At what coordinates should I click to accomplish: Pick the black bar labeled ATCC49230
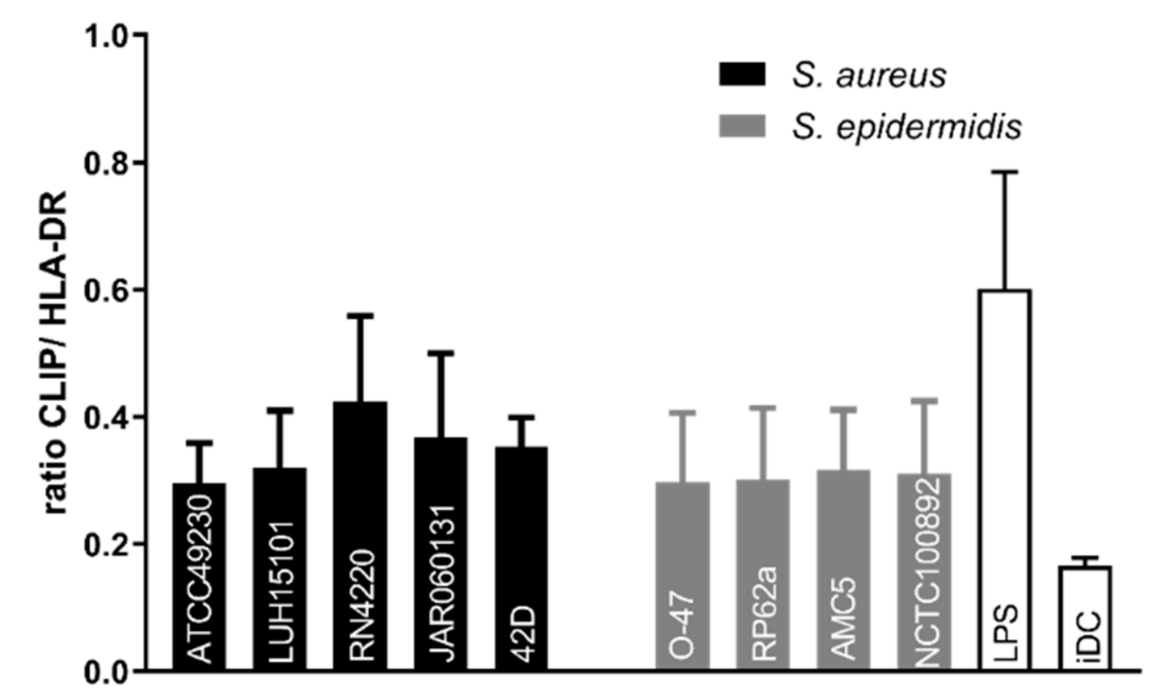pos(199,576)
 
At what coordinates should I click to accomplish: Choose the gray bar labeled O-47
pos(682,576)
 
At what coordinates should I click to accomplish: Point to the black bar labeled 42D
pos(521,558)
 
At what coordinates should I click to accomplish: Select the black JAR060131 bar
pos(440,553)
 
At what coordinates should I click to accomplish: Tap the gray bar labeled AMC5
pos(843,569)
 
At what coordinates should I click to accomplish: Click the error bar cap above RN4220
pos(360,315)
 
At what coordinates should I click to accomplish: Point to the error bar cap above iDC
pos(1085,558)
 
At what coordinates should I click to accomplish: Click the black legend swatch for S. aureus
pos(742,74)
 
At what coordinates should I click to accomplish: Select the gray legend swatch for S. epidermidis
pos(742,126)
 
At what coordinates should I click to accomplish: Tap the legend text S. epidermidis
pos(906,127)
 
